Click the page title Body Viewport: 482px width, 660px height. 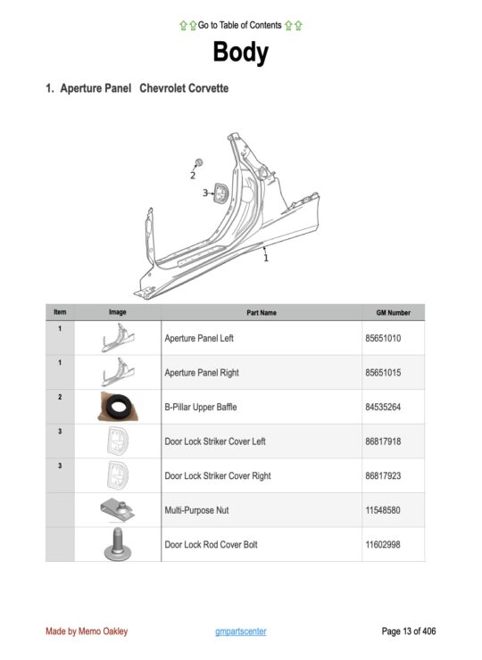coord(240,54)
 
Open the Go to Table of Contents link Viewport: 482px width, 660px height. coord(240,25)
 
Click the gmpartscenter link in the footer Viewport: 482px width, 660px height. coord(241,631)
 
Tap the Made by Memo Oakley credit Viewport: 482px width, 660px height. coord(87,631)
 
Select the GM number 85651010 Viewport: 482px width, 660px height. coord(382,339)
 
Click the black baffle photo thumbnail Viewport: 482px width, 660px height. coord(117,407)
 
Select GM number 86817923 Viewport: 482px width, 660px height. coord(382,475)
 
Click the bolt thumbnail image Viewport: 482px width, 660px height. coord(117,543)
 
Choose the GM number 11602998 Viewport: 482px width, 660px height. coord(382,544)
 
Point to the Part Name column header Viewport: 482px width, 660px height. coord(262,313)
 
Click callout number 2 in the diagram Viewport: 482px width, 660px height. coord(192,176)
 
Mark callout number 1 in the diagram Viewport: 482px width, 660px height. coord(265,258)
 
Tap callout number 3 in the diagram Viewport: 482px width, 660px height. coord(204,192)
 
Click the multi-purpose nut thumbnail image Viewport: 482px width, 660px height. coord(117,509)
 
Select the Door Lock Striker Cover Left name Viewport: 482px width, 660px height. coord(215,441)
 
